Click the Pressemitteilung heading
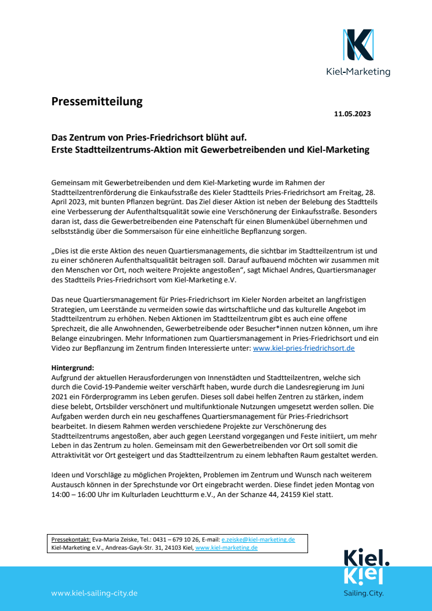(97, 102)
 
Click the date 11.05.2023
(352, 114)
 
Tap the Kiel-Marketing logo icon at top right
(358, 45)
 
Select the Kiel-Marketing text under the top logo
(358, 72)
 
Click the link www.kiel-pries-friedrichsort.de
(303, 348)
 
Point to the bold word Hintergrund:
(72, 368)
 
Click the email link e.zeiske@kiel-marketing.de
(258, 539)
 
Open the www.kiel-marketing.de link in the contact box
(226, 547)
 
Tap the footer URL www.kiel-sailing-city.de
(94, 593)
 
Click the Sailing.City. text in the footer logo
(364, 593)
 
